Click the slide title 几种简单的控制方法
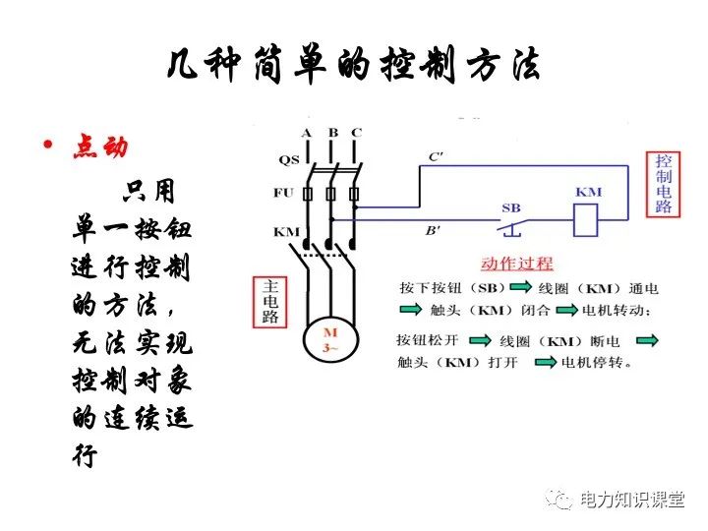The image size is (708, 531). coord(353,67)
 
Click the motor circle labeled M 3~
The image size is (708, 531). coord(330,338)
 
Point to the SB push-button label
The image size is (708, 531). coord(511,208)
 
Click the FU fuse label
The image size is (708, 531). coord(285,193)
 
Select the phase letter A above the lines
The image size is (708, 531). coord(307,133)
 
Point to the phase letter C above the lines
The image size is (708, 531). coord(356,133)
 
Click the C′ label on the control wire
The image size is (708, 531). coord(436,157)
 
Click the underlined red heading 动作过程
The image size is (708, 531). coord(517,264)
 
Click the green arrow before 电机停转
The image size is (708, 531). coord(547,363)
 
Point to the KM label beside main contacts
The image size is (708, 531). coord(286,232)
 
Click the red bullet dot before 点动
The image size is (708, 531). coord(46,147)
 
